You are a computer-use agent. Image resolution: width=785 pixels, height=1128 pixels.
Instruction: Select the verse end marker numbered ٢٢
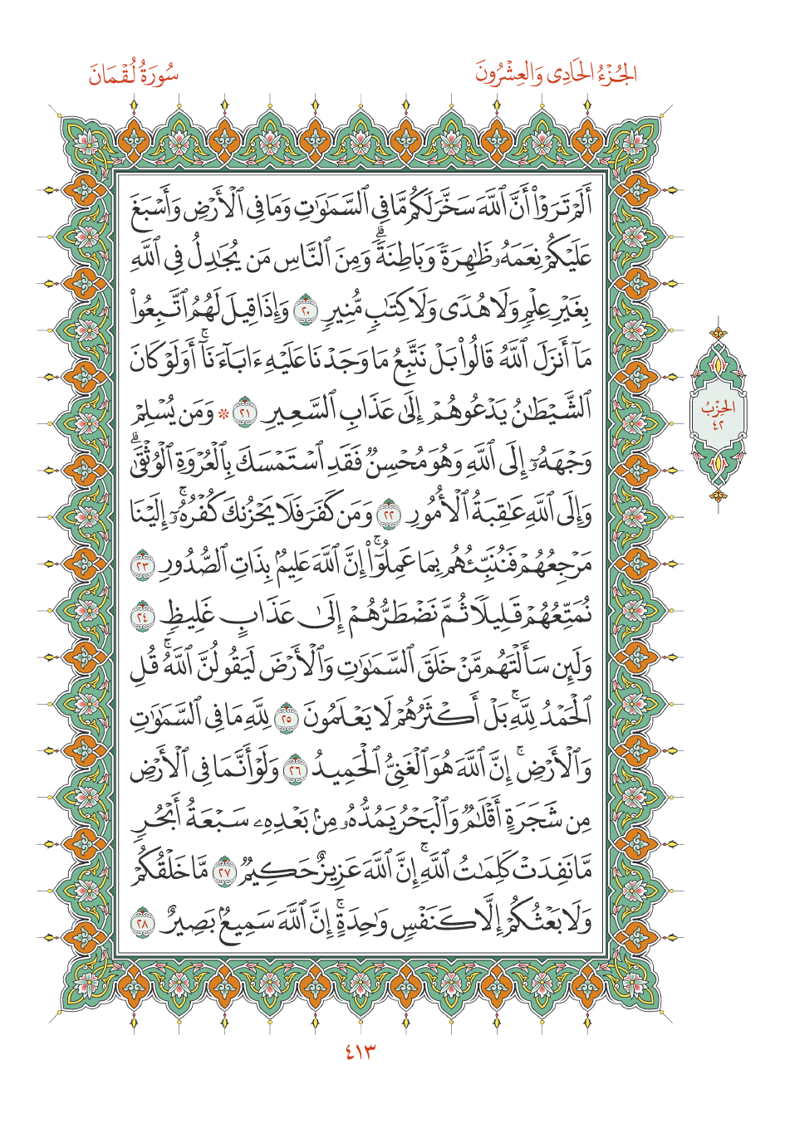pos(387,512)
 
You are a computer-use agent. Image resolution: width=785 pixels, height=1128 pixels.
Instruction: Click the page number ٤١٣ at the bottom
pos(360,1052)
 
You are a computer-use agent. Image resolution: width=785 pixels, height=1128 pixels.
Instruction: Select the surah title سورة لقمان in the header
pos(134,76)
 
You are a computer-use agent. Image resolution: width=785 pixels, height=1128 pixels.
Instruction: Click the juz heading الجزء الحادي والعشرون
pos(556,76)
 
